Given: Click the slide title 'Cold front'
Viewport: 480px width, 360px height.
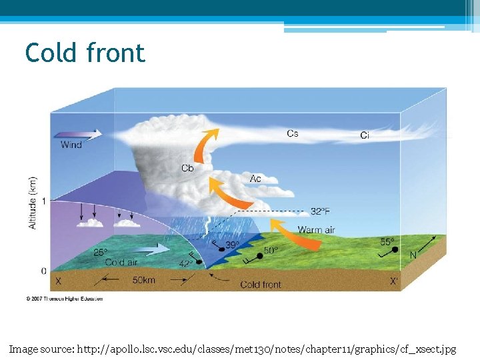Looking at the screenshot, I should click(85, 53).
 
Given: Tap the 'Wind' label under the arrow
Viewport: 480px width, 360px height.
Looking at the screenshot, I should click(71, 145).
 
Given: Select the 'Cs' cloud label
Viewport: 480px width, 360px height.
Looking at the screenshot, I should click(293, 133).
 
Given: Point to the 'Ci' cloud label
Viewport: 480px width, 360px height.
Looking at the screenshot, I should click(365, 135).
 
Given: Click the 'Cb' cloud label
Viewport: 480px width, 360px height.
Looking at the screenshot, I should click(187, 168).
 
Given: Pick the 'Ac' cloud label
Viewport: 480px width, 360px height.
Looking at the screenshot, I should click(255, 179).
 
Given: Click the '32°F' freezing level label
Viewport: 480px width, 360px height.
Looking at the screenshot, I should click(320, 211).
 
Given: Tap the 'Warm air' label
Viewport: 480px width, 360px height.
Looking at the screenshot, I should click(316, 230).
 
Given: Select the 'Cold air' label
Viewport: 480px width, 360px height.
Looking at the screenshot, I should click(122, 263).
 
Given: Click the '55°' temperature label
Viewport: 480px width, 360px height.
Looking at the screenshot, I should click(387, 241).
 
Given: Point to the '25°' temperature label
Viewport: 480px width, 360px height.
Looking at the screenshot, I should click(100, 252).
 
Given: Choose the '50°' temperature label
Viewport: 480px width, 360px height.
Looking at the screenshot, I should click(271, 251).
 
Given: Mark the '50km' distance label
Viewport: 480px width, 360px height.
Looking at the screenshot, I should click(143, 281).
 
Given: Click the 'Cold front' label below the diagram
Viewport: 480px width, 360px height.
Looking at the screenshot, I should click(261, 285).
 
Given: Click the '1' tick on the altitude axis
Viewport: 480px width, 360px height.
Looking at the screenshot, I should click(43, 201).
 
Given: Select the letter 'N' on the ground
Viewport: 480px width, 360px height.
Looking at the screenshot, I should click(413, 255).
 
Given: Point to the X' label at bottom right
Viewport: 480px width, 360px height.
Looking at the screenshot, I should click(395, 281).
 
